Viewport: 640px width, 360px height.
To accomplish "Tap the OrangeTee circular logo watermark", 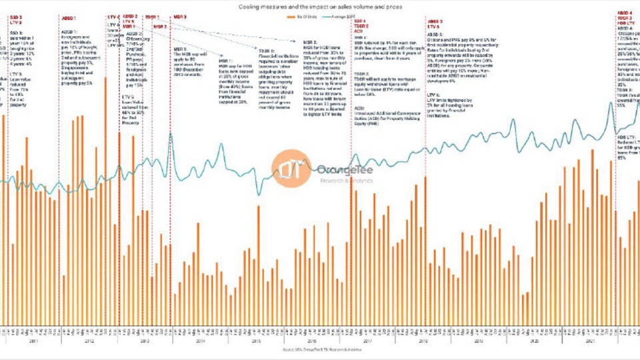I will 290,169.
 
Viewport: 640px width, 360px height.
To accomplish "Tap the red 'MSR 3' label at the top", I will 180,16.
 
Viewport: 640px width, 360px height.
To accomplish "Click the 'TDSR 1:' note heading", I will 265,50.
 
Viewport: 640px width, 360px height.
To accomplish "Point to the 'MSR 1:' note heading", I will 226,60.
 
